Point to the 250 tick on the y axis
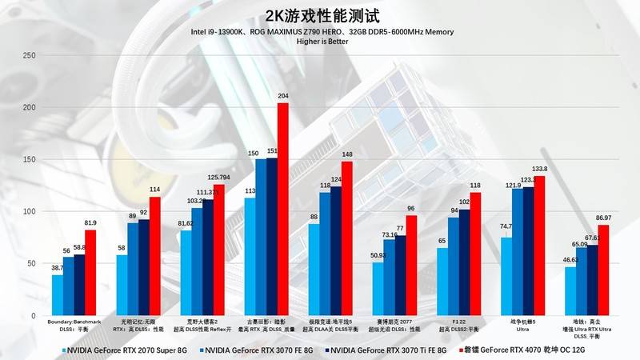tap(29, 55)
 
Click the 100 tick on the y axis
tap(29, 211)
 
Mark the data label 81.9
tap(90, 222)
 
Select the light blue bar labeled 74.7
tap(506, 276)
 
